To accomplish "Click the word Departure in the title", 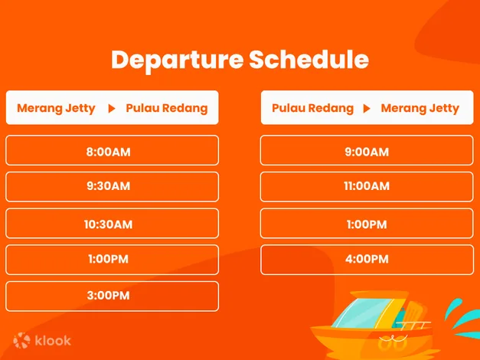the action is (x=178, y=60).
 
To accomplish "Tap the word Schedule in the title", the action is (x=309, y=59).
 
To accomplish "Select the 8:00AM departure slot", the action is (x=112, y=150).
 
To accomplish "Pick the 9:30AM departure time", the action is (x=112, y=187).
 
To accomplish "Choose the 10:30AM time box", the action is (x=112, y=224).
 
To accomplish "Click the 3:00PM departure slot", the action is (x=112, y=296).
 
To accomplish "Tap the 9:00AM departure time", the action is (x=367, y=150).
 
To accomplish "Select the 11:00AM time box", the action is (x=367, y=187).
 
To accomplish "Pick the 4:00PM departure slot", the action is (x=367, y=260).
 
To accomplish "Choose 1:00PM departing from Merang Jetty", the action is (x=112, y=260).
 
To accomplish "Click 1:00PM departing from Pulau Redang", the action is (x=367, y=224).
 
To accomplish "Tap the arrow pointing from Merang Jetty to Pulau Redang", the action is (x=112, y=109).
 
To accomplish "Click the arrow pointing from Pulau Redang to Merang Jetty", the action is (x=367, y=109).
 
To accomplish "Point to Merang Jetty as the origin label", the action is (x=56, y=109).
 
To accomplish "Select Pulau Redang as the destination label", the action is (x=167, y=109).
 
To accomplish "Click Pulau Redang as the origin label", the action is (x=312, y=109).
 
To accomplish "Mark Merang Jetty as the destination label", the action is (x=420, y=109).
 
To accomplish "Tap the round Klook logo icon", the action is (x=21, y=340).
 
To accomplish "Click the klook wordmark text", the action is (x=53, y=340).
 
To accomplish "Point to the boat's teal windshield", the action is (x=361, y=313).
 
